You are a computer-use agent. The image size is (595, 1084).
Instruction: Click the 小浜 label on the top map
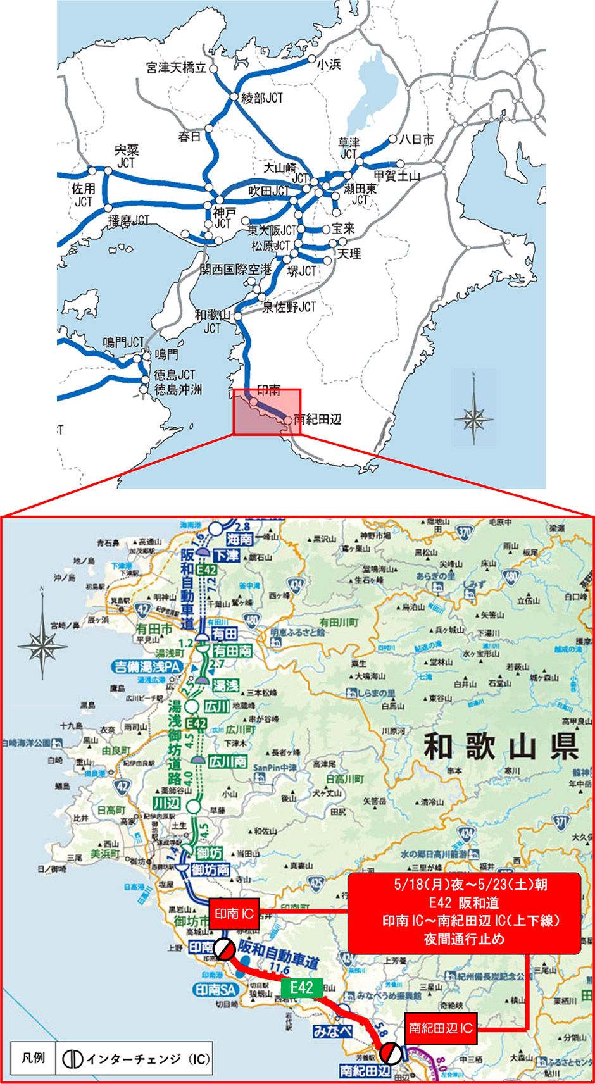tap(329, 64)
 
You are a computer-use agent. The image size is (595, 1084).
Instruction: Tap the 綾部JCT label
tap(262, 98)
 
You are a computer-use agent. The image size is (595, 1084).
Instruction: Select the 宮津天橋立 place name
tap(176, 68)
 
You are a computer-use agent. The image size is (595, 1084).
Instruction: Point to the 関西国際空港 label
tap(235, 270)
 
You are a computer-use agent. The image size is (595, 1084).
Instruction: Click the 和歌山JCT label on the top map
tap(213, 321)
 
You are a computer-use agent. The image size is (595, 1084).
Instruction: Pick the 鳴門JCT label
tap(123, 342)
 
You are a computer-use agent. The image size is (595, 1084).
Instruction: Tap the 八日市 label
tap(416, 139)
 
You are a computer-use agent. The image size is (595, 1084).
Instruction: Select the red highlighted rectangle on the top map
tap(267, 412)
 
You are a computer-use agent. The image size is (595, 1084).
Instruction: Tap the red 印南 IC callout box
tap(234, 914)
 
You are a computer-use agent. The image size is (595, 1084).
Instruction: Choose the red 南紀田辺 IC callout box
tap(441, 1028)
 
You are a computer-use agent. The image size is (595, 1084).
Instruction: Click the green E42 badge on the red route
tap(302, 988)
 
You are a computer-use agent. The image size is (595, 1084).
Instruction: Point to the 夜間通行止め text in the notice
tap(464, 938)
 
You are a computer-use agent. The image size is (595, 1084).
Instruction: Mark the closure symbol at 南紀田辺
tap(390, 1054)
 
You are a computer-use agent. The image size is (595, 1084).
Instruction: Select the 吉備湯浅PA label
tap(146, 666)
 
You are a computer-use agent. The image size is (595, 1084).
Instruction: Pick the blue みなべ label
tap(332, 1031)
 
